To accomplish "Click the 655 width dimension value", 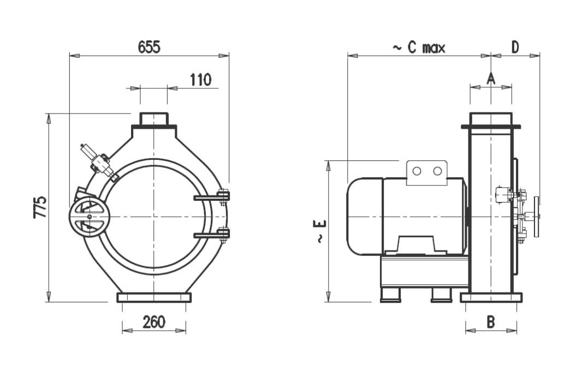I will click(x=149, y=47).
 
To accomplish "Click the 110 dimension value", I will click(x=200, y=80).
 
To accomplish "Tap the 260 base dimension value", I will click(x=154, y=322).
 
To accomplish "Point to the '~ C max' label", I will click(x=419, y=47).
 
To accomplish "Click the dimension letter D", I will click(x=515, y=47).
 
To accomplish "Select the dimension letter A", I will click(x=490, y=79).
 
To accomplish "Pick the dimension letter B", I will click(x=490, y=322).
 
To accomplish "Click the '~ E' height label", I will click(x=320, y=231).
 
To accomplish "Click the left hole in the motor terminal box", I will click(x=417, y=171).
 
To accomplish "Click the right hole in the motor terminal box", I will click(x=437, y=171).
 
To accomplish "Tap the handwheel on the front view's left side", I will click(x=90, y=217).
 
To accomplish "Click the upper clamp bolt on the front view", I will click(x=223, y=195).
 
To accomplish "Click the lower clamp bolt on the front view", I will click(x=223, y=235).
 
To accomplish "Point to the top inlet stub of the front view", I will click(x=154, y=119).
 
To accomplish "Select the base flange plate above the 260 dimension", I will click(x=154, y=297).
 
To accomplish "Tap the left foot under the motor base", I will click(x=390, y=295).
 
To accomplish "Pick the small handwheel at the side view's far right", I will click(x=537, y=217).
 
